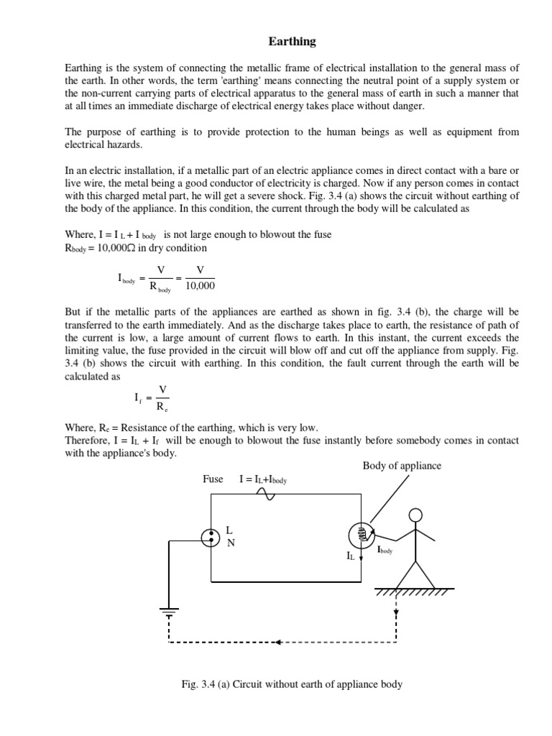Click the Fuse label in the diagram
pyautogui.click(x=213, y=479)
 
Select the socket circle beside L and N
pyautogui.click(x=211, y=536)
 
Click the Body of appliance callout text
pyautogui.click(x=402, y=466)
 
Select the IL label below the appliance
pyautogui.click(x=351, y=556)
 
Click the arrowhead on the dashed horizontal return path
pyautogui.click(x=280, y=642)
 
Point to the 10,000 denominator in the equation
pyautogui.click(x=200, y=286)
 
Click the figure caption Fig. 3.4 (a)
pyautogui.click(x=292, y=684)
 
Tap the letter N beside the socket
pyautogui.click(x=231, y=543)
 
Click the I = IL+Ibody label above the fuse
pyautogui.click(x=263, y=479)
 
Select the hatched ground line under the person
pyautogui.click(x=413, y=592)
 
